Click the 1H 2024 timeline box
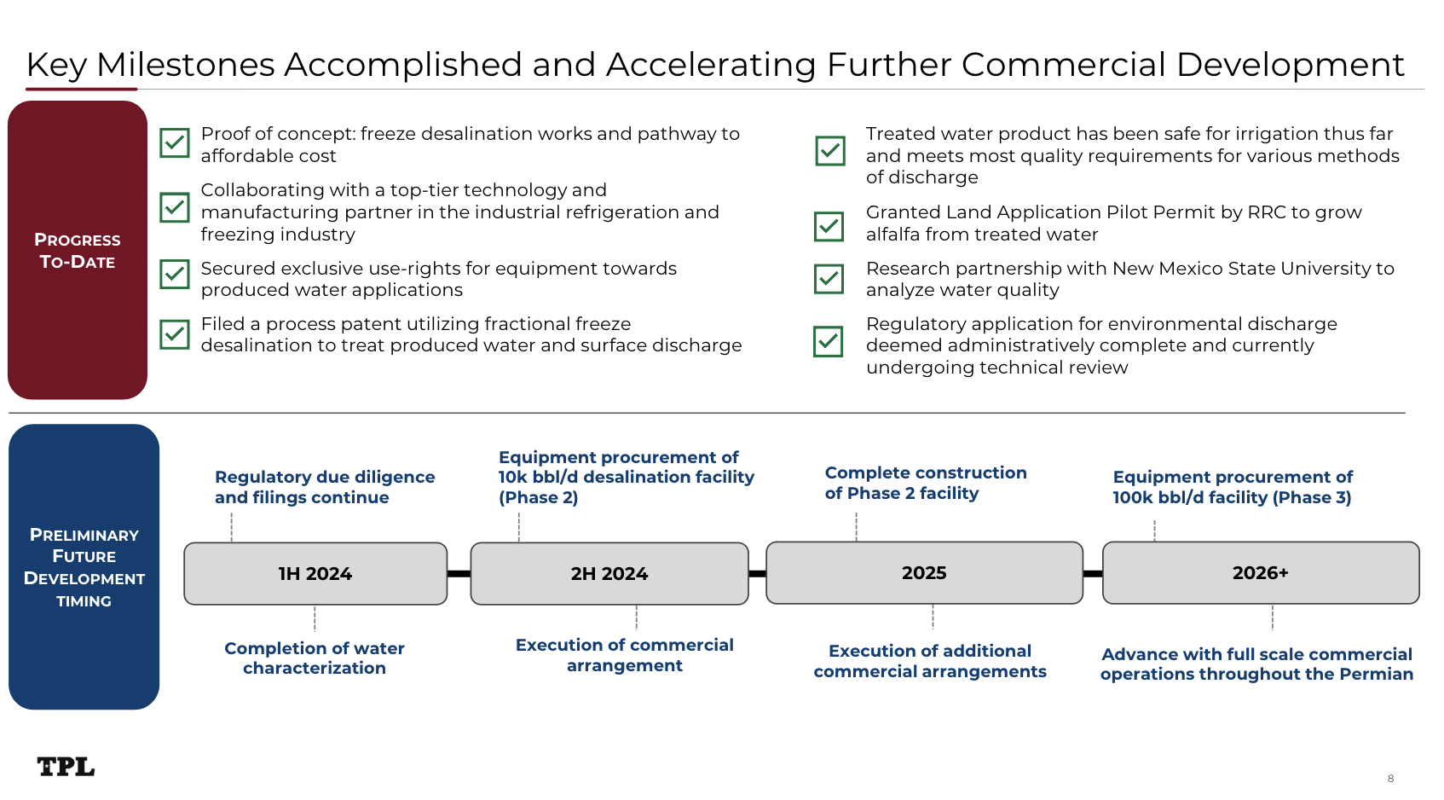coord(315,574)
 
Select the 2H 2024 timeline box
coord(609,574)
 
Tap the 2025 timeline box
coord(924,573)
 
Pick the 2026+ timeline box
coord(1261,573)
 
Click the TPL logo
coord(66,767)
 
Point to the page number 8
coord(1390,779)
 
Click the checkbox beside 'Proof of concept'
coord(175,143)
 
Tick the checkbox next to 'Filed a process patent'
coord(175,334)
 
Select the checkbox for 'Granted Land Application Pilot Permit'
coord(829,226)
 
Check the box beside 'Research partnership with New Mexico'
coord(829,279)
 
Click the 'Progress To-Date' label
coord(78,251)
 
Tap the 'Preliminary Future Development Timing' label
coord(84,567)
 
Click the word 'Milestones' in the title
coord(186,65)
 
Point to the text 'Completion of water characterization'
coord(315,658)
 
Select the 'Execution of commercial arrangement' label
coord(625,655)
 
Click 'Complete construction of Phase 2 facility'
coord(926,483)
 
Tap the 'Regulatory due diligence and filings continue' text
coord(325,487)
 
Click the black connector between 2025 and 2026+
coord(1093,574)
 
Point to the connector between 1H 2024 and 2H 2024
coord(459,574)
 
